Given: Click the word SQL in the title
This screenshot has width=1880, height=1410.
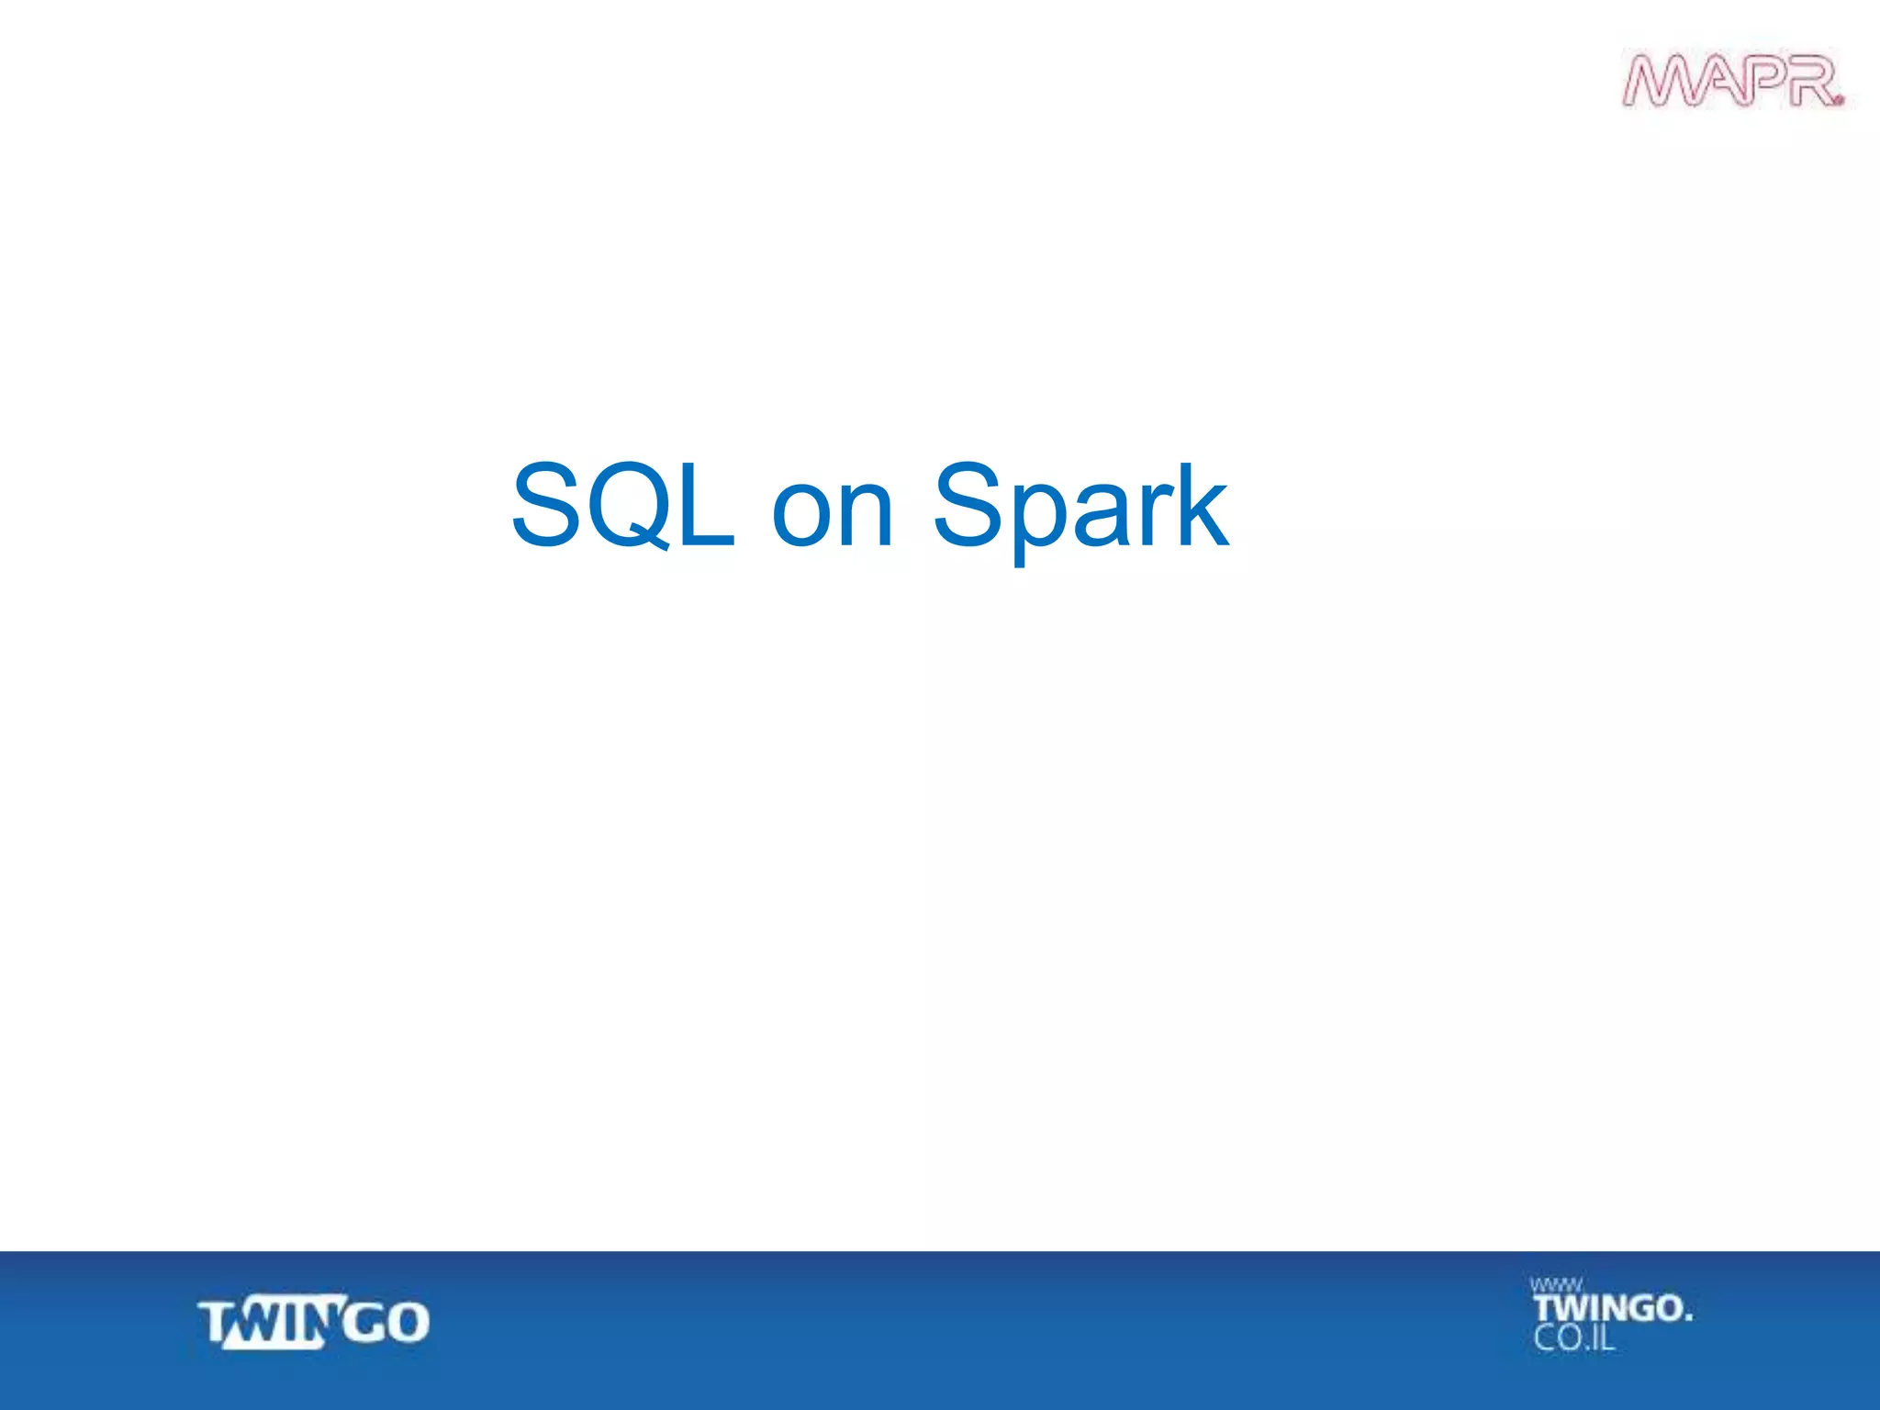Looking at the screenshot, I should point(623,506).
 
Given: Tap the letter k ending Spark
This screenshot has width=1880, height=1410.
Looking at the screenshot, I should point(1199,506).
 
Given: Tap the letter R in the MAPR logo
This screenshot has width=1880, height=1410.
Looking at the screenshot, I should point(1807,81).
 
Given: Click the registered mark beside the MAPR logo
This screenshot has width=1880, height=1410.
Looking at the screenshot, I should point(1838,99).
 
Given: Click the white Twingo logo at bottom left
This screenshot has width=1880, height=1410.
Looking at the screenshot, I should point(314,1322).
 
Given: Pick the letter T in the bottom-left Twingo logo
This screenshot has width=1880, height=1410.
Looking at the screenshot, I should point(217,1323).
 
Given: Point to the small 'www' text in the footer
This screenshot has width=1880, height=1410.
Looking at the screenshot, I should point(1556,1285).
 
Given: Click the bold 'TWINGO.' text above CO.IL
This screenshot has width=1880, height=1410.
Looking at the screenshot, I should point(1612,1308).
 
